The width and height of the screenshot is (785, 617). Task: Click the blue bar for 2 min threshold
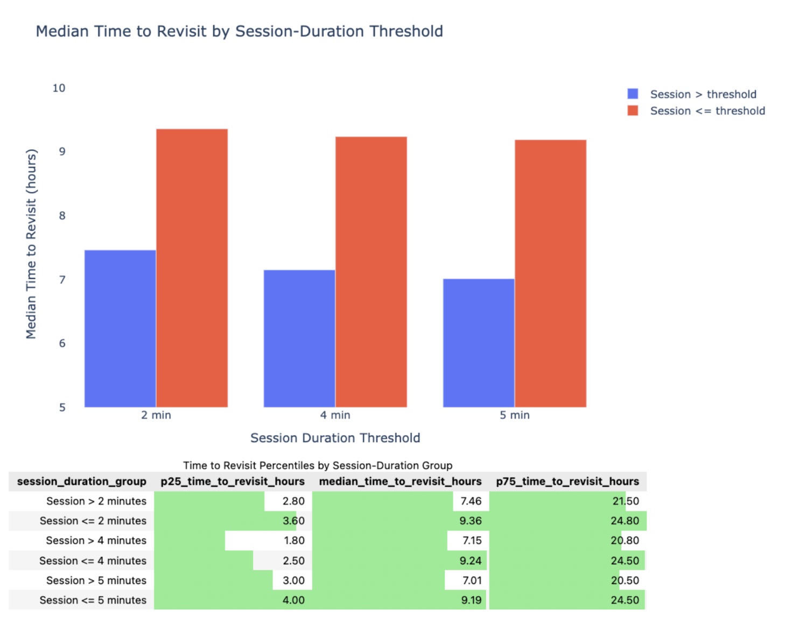tap(120, 329)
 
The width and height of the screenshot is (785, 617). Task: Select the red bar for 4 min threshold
tap(371, 272)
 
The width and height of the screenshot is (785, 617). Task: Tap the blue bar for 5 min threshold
tap(479, 343)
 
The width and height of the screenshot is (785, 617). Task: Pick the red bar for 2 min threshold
tap(192, 268)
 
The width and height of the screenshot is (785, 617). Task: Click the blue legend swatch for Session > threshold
tap(633, 94)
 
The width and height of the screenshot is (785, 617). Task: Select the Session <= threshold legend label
tap(707, 111)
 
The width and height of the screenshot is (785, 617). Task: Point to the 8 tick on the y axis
tap(62, 216)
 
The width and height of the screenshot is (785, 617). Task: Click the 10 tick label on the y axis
tap(59, 88)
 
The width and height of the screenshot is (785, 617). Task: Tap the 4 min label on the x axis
tap(335, 415)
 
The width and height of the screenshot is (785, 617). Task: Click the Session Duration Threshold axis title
tap(335, 438)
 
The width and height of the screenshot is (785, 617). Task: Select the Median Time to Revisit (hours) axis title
tap(31, 244)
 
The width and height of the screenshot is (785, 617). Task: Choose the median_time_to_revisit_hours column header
tap(400, 481)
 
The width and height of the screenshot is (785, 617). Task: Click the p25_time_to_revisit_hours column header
tap(233, 481)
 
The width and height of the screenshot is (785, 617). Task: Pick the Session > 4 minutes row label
tap(96, 541)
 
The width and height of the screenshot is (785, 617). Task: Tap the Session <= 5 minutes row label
tap(93, 600)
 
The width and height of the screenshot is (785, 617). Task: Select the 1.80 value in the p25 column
tap(294, 541)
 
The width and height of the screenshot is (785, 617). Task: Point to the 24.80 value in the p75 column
tap(625, 521)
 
